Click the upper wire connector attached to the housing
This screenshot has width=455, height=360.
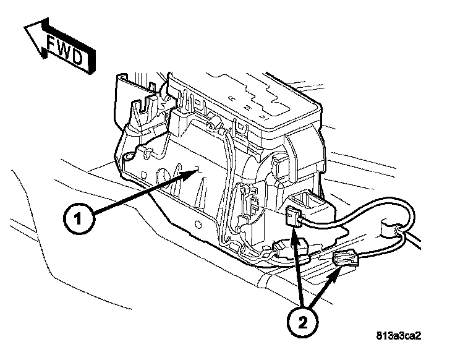click(x=295, y=217)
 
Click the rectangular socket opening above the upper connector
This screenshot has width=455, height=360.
click(x=308, y=199)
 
